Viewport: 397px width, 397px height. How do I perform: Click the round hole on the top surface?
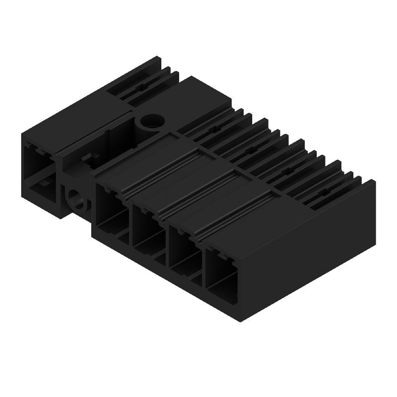[151, 121]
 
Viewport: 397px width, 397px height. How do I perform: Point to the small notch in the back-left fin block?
[139, 87]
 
